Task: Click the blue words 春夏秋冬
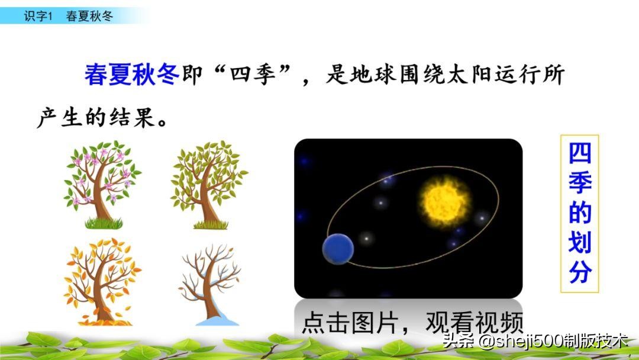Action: [131, 75]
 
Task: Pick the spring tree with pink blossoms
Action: [102, 178]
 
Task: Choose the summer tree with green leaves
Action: [208, 178]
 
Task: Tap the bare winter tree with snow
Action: [210, 278]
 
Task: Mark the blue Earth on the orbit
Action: [338, 249]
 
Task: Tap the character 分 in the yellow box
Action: [580, 272]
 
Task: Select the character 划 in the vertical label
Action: [580, 242]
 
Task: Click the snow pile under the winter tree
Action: [217, 320]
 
